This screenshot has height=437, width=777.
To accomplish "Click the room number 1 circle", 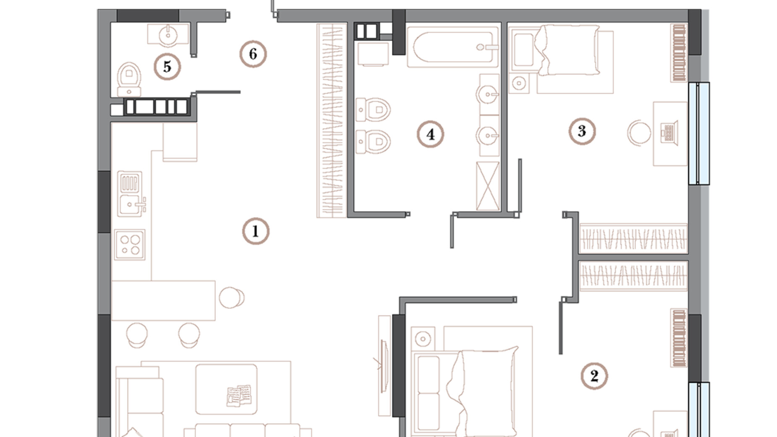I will [255, 231].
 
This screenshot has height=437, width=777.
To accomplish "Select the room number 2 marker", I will [594, 376].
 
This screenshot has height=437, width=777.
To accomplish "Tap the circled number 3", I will [582, 131].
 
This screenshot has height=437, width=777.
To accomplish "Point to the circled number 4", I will [430, 134].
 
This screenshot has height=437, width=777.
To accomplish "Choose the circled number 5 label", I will [167, 67].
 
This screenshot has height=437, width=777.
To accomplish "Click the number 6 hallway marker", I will [253, 54].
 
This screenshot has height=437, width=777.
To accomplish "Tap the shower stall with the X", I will [488, 186].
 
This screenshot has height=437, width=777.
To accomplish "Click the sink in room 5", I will [168, 34].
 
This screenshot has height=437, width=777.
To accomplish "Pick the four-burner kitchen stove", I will [129, 245].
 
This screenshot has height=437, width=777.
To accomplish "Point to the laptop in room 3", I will [669, 133].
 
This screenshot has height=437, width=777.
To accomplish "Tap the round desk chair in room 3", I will [639, 133].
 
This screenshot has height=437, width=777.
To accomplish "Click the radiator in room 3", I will [679, 53].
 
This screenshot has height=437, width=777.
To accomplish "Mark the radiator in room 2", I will [679, 338].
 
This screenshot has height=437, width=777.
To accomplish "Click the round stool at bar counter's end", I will [231, 297].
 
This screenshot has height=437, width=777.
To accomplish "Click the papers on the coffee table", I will [239, 395].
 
